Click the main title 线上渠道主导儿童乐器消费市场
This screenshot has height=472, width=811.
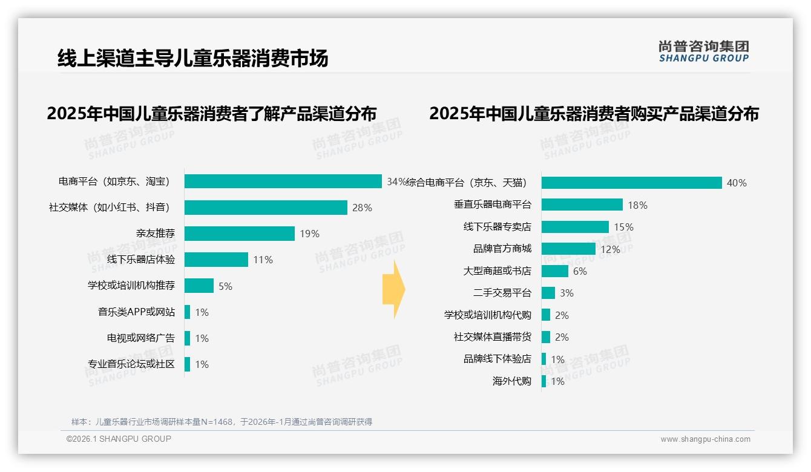pyautogui.click(x=192, y=58)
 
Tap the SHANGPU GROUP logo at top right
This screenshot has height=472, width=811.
pyautogui.click(x=703, y=51)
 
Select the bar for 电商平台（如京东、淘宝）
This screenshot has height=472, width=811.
pyautogui.click(x=283, y=182)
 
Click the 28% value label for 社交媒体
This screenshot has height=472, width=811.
pyautogui.click(x=362, y=208)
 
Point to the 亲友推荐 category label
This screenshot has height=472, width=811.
pyautogui.click(x=155, y=234)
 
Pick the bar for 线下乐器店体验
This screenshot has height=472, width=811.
pyautogui.click(x=216, y=260)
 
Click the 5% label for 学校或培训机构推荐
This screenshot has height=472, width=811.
pyautogui.click(x=225, y=286)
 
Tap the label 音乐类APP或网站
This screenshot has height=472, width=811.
pyautogui.click(x=136, y=312)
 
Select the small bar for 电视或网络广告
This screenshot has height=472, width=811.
pyautogui.click(x=188, y=338)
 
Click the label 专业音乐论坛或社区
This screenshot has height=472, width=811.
pyautogui.click(x=131, y=364)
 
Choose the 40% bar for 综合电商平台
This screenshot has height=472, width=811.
pyautogui.click(x=631, y=183)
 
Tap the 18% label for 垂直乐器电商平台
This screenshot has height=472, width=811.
pyautogui.click(x=637, y=205)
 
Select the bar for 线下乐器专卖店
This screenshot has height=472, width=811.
pyautogui.click(x=575, y=227)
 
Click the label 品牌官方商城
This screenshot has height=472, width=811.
pyautogui.click(x=502, y=249)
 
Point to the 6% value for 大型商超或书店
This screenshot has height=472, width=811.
pyautogui.click(x=580, y=271)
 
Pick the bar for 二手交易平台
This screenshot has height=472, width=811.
pyautogui.click(x=548, y=293)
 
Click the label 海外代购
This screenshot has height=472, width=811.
pyautogui.click(x=511, y=381)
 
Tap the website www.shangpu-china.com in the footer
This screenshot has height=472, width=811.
pyautogui.click(x=705, y=439)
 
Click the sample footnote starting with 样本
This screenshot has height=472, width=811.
pyautogui.click(x=222, y=422)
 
